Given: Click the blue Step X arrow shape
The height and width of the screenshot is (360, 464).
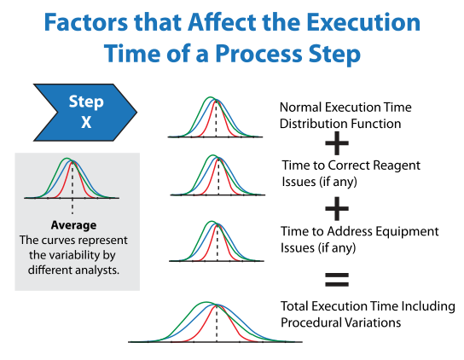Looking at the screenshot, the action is tap(85, 113).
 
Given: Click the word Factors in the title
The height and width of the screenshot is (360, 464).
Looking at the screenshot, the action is tap(86, 22).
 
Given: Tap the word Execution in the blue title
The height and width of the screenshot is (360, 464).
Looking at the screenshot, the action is tap(363, 22).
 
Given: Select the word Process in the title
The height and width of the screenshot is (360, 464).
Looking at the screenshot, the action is tap(259, 54).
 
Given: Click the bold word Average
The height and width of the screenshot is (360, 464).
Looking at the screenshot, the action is tap(73, 225).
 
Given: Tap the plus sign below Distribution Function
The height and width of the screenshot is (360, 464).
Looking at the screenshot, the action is tap(337, 143).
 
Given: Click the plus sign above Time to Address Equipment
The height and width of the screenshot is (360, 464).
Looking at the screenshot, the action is tap(337, 209).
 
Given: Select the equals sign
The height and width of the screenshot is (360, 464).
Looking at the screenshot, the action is tap(337, 280).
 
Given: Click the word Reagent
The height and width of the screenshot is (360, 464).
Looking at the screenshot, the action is tap(397, 165).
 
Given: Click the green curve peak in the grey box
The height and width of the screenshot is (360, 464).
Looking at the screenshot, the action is tap(67, 159).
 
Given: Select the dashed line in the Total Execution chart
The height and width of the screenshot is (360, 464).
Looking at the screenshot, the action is tap(217, 323).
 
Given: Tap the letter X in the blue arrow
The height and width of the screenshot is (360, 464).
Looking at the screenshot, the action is tap(86, 122).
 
